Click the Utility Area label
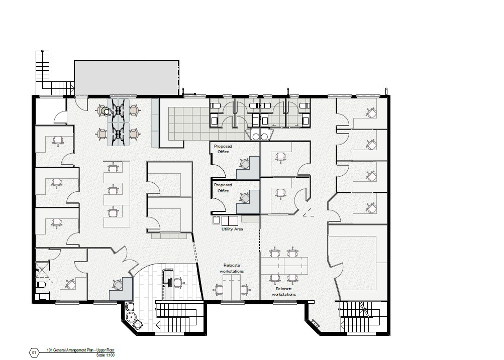pyautogui.click(x=232, y=229)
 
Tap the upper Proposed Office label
pyautogui.click(x=223, y=149)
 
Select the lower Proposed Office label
pyautogui.click(x=223, y=188)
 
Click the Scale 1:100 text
pyautogui.click(x=105, y=355)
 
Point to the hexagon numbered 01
pyautogui.click(x=34, y=352)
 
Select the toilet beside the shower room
pyautogui.click(x=41, y=285)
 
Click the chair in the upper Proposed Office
pyautogui.click(x=245, y=163)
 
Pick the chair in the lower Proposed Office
pyautogui.click(x=245, y=197)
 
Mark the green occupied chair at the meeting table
pyautogui.click(x=105, y=111)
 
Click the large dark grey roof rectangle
pyautogui.click(x=127, y=78)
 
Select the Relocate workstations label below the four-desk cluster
pyautogui.click(x=284, y=292)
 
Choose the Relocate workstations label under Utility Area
pyautogui.click(x=232, y=268)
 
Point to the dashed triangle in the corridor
pyautogui.click(x=309, y=212)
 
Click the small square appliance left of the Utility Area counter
pyautogui.click(x=216, y=220)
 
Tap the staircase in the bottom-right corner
pyautogui.click(x=360, y=316)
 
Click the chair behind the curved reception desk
pyautogui.click(x=178, y=283)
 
